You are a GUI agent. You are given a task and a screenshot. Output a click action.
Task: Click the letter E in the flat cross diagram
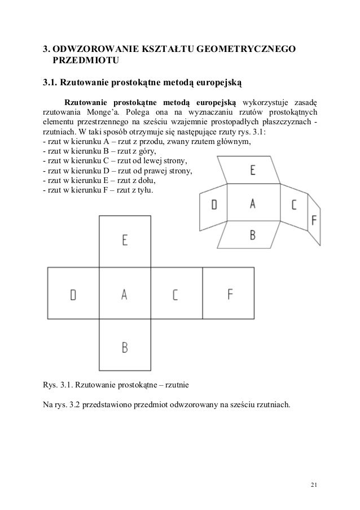point(124,240)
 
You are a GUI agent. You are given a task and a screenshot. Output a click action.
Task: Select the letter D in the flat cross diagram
point(73,294)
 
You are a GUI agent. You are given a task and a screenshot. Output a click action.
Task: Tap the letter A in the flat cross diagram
point(124,294)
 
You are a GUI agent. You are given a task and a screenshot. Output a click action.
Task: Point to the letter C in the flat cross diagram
point(175,294)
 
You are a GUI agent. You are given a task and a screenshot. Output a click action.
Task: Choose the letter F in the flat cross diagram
point(230,294)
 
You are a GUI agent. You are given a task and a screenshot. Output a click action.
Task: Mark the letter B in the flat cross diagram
point(125,347)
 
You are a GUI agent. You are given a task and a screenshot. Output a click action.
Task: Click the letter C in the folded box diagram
point(293,205)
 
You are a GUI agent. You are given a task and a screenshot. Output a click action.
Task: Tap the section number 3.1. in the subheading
point(52,83)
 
